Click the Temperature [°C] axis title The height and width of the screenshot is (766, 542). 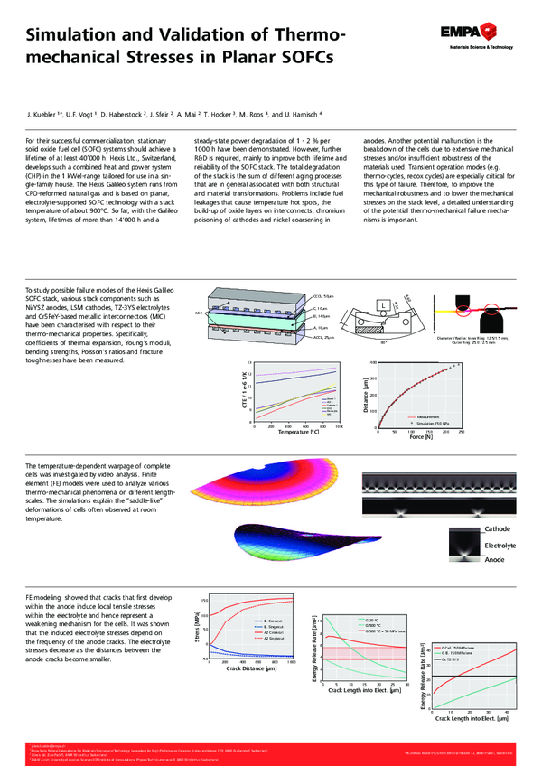click(x=299, y=433)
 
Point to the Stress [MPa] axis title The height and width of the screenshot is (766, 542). click(x=198, y=625)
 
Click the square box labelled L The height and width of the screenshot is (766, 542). click(x=386, y=307)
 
